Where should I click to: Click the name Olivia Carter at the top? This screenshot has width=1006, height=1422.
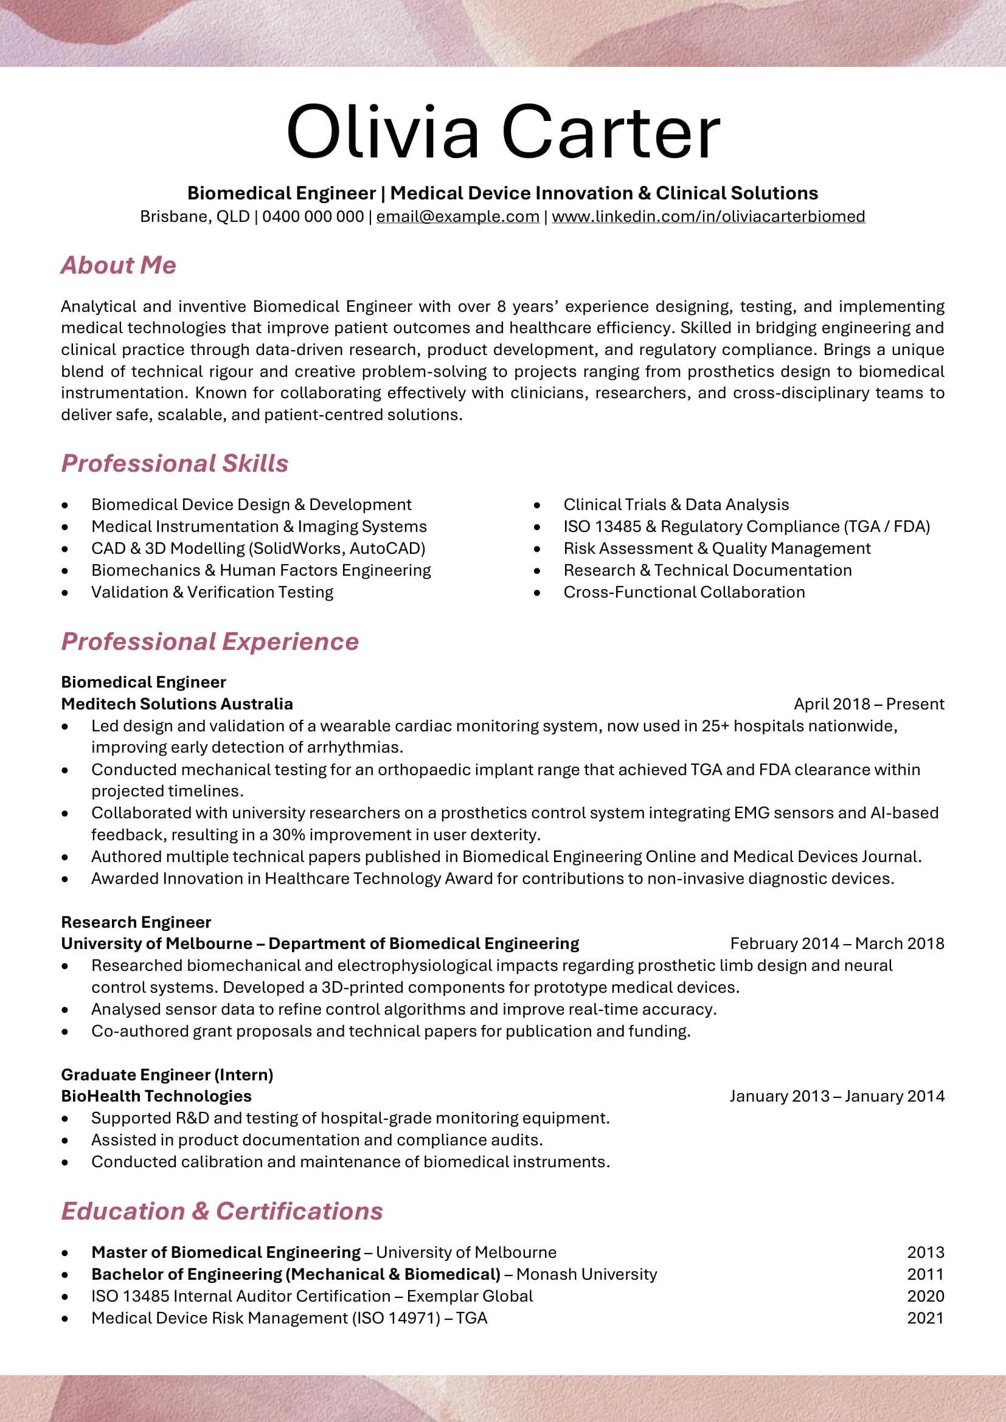pos(502,133)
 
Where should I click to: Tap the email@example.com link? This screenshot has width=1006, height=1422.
pos(458,217)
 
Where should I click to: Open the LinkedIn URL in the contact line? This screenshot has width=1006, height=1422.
pos(708,217)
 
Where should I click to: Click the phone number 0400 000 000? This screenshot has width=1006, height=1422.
pos(313,217)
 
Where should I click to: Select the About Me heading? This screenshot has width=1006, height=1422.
pos(119,265)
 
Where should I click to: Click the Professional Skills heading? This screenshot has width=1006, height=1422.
pos(175,463)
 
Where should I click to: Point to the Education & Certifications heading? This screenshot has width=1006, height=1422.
pos(222,1211)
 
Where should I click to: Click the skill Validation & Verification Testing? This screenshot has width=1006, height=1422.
pos(212,592)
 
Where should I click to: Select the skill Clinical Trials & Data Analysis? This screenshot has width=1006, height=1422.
pos(676,505)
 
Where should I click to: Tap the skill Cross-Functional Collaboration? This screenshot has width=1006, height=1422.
pos(684,592)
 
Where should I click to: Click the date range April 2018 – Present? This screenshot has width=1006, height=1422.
pos(869,704)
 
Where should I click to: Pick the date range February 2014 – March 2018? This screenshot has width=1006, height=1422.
pos(837,944)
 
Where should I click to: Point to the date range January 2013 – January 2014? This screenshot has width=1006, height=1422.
pos(837,1096)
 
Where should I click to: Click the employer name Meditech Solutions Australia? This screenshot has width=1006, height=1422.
pos(176,704)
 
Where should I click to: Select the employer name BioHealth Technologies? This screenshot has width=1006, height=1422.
pos(156,1096)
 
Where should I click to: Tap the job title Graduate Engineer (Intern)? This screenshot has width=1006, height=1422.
pos(167,1074)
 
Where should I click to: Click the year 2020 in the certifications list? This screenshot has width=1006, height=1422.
pos(925,1296)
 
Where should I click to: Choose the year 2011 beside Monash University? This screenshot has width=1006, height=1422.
pos(925,1274)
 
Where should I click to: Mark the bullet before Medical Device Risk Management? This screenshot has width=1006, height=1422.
pos(65,1319)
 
